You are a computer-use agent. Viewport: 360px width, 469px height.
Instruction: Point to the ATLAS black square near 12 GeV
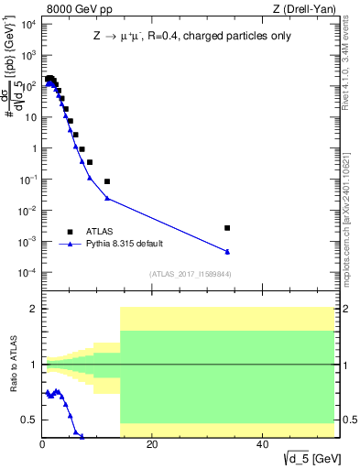(107, 181)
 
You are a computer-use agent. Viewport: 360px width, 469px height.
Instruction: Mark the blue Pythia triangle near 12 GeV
(107, 198)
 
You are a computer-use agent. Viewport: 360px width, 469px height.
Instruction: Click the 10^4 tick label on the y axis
(28, 24)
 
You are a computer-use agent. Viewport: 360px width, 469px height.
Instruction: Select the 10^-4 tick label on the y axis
(27, 273)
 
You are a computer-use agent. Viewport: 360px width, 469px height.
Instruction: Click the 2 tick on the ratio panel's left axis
(35, 309)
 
